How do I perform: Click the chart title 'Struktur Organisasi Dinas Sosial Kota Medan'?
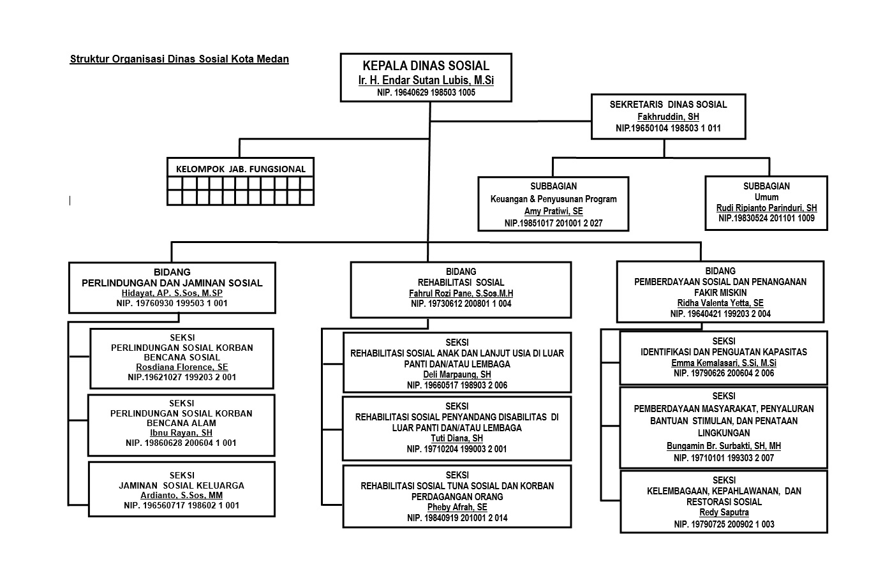pyautogui.click(x=179, y=59)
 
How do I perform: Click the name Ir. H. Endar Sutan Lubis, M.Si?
pyautogui.click(x=426, y=80)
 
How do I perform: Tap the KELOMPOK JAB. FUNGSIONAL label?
pyautogui.click(x=241, y=169)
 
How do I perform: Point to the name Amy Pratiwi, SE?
pyautogui.click(x=553, y=211)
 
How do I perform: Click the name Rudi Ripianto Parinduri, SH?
pyautogui.click(x=766, y=208)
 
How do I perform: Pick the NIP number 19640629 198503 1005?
pyautogui.click(x=426, y=92)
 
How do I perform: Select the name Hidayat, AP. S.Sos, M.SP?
pyautogui.click(x=172, y=293)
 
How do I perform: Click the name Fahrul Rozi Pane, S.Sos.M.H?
pyautogui.click(x=461, y=293)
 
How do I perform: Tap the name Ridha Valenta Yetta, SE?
pyautogui.click(x=720, y=303)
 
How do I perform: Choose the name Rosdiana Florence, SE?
pyautogui.click(x=182, y=367)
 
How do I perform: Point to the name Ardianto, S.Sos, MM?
pyautogui.click(x=181, y=495)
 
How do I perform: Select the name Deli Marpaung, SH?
pyautogui.click(x=457, y=375)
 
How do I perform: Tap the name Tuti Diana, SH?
pyautogui.click(x=457, y=438)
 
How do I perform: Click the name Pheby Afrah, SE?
pyautogui.click(x=457, y=507)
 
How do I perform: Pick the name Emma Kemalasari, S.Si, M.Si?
pyautogui.click(x=723, y=363)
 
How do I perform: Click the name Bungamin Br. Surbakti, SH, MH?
pyautogui.click(x=723, y=446)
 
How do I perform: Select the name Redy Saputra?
pyautogui.click(x=723, y=512)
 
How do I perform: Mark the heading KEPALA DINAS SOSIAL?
pyautogui.click(x=426, y=66)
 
